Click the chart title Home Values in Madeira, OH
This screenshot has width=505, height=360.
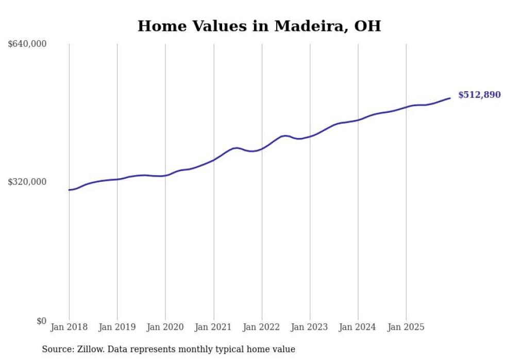click(x=259, y=26)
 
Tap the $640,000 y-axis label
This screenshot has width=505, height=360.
click(x=27, y=44)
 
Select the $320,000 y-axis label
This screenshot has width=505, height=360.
click(x=27, y=182)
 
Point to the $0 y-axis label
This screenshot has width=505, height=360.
click(x=41, y=321)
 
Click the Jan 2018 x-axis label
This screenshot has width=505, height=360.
click(x=69, y=327)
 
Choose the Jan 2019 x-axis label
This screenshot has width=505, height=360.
click(x=117, y=327)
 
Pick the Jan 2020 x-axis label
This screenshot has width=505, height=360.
click(x=165, y=327)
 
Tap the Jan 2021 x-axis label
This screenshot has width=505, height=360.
click(x=214, y=327)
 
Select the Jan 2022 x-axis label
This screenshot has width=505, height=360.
click(x=262, y=327)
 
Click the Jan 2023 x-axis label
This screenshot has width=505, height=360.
click(x=310, y=327)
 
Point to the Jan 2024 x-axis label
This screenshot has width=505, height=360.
click(x=358, y=327)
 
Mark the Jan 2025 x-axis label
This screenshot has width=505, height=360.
click(x=407, y=327)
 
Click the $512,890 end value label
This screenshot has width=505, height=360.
click(x=479, y=95)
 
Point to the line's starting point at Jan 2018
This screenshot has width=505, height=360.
click(x=69, y=190)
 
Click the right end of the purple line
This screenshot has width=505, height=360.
click(x=450, y=98)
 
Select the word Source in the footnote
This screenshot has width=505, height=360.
click(x=57, y=349)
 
